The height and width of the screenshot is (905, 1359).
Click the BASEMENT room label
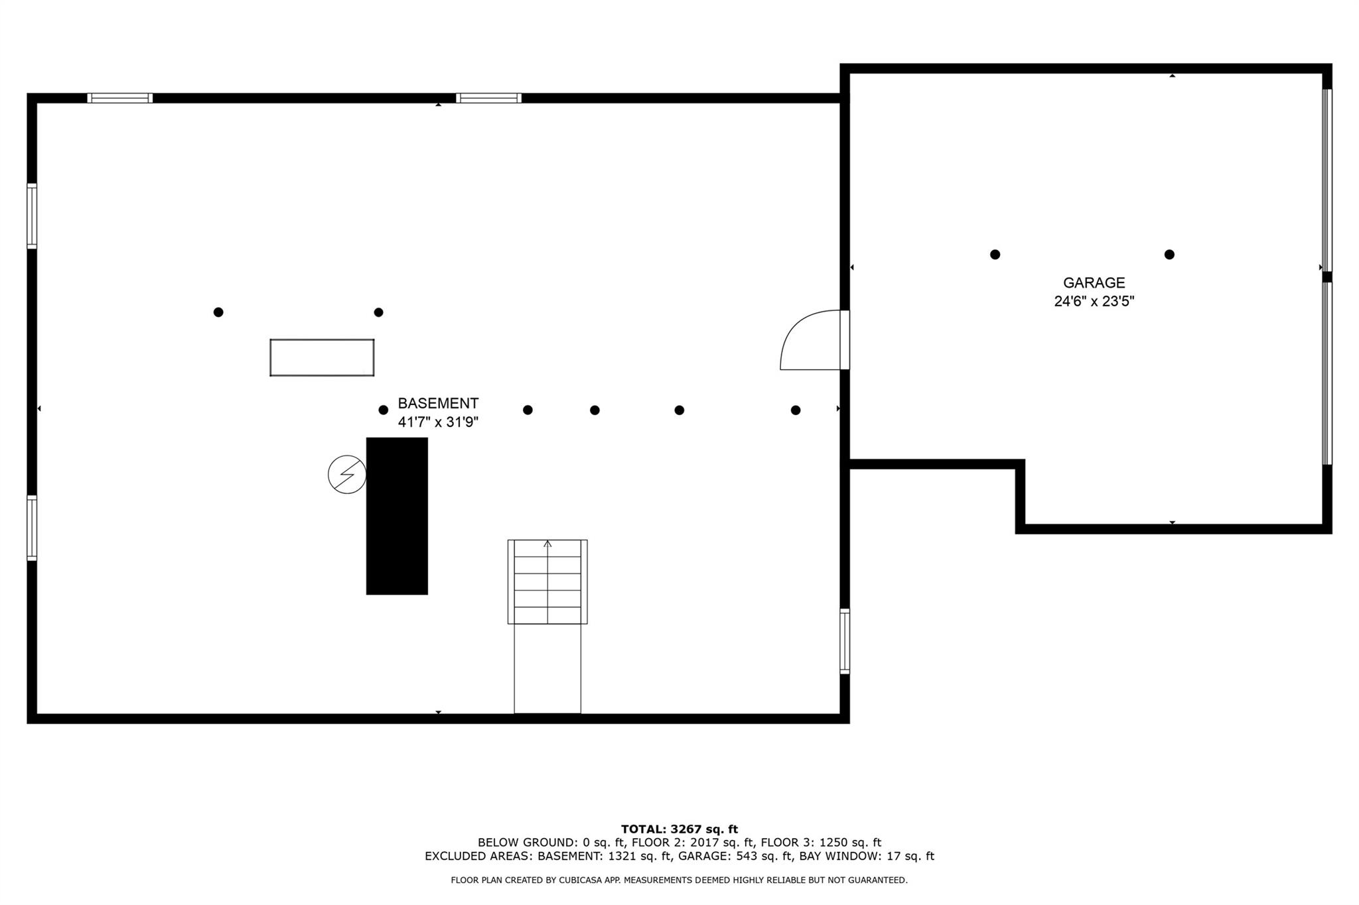438,403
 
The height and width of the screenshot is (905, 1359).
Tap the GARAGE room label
1094,283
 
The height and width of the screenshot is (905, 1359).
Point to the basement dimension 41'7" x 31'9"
438,422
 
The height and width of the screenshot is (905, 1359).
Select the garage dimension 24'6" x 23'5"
1094,301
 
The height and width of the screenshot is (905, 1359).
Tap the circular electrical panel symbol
347,475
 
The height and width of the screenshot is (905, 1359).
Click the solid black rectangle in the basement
397,516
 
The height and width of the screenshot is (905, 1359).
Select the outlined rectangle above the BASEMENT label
322,357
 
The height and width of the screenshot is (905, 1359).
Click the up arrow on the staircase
547,544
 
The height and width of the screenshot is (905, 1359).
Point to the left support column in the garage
995,255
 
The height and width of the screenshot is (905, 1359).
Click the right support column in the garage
1169,255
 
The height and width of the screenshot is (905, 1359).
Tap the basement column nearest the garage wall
796,410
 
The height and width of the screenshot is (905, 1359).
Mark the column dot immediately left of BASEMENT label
383,410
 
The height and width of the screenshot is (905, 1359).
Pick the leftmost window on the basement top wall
120,98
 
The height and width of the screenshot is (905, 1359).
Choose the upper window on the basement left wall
32,216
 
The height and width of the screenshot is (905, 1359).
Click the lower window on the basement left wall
32,528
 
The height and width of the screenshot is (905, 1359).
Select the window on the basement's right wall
845,642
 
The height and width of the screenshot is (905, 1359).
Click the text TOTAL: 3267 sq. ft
679,829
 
